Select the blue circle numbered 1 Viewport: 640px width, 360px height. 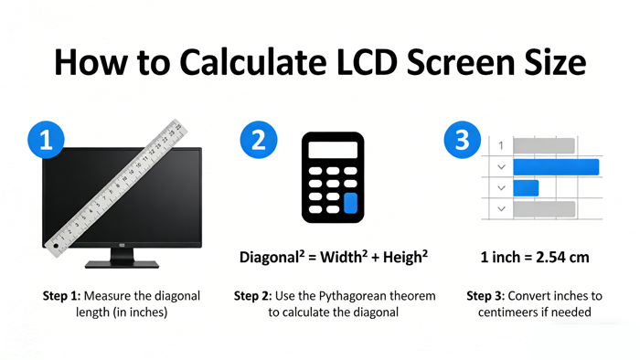(47, 141)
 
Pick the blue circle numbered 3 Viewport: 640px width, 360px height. (463, 141)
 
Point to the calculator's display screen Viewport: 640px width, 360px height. (332, 150)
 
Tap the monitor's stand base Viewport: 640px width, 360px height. (122, 264)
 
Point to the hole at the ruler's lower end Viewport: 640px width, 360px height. (56, 245)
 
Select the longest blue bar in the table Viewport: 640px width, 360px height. (555, 166)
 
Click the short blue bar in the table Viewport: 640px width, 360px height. (526, 187)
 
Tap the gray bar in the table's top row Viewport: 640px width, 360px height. (543, 145)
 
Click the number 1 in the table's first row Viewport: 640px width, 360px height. (500, 145)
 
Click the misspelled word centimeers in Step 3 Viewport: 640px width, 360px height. (514, 312)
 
